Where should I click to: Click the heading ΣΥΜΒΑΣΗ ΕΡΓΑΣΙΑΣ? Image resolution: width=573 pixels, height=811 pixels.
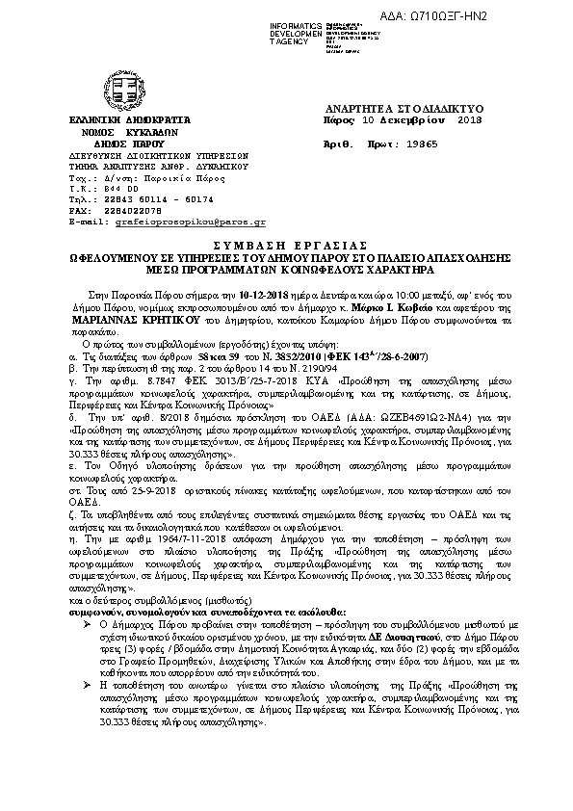pyautogui.click(x=286, y=247)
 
